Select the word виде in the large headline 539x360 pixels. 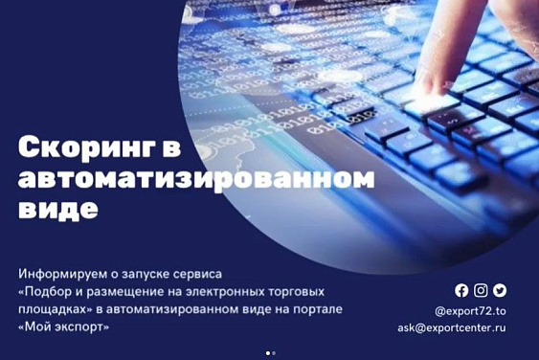pos(58,209)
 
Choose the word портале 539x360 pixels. pos(316,309)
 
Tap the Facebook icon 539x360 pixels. pos(461,291)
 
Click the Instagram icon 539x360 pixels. pos(481,291)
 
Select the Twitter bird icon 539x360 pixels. pos(499,291)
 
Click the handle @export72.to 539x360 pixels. pos(469,310)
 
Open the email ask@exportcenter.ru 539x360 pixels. pos(452,327)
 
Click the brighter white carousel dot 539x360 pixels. pos(266,353)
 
